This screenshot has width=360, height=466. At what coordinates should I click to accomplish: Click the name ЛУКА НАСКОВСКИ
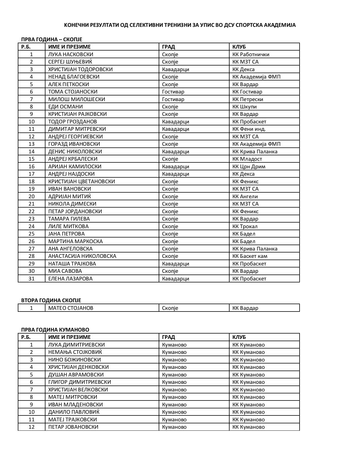71,55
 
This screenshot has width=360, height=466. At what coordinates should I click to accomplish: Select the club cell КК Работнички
251,55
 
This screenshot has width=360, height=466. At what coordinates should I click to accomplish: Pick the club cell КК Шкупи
245,107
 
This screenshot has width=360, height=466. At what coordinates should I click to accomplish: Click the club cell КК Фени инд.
249,129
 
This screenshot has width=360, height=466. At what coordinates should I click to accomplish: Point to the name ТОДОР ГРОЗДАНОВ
73,122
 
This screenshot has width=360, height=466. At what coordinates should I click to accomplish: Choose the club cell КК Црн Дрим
249,167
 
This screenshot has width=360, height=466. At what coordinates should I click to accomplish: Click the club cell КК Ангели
245,197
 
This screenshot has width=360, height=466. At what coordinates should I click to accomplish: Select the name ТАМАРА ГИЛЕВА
69,219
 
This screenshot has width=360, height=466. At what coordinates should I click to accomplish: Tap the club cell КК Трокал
245,227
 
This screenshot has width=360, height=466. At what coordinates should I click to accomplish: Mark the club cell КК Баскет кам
250,256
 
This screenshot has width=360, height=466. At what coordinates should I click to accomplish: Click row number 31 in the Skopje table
31,279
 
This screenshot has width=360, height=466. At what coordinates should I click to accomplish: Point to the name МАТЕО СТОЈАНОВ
71,308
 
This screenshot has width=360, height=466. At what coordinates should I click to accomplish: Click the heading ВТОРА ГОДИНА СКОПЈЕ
51,300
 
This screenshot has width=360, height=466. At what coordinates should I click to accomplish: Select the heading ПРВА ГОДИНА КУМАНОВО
55,330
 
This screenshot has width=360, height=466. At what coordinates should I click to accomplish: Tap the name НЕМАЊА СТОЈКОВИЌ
75,352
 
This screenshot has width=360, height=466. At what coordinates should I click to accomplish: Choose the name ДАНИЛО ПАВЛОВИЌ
74,412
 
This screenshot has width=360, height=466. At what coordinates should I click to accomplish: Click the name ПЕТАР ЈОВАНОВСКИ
73,427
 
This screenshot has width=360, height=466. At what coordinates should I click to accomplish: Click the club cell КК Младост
247,159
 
